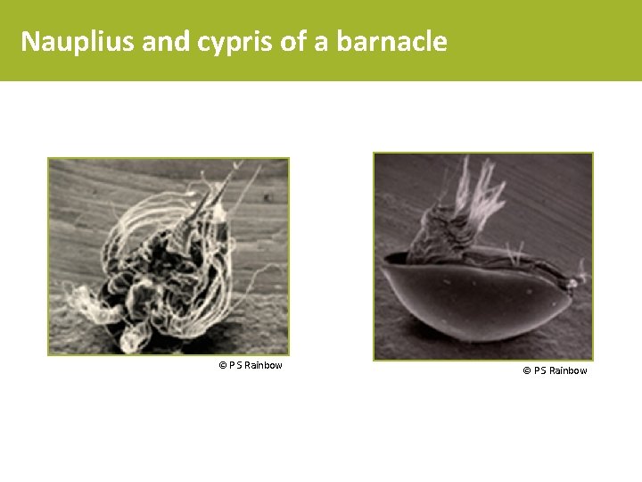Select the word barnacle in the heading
pos(392,41)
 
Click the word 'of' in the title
pos(292,41)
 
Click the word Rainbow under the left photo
pos(263,365)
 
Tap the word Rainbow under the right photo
pos(567,370)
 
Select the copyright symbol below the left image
pos(222,365)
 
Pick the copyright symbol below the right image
pos(526,370)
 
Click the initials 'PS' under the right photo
pos(539,370)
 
